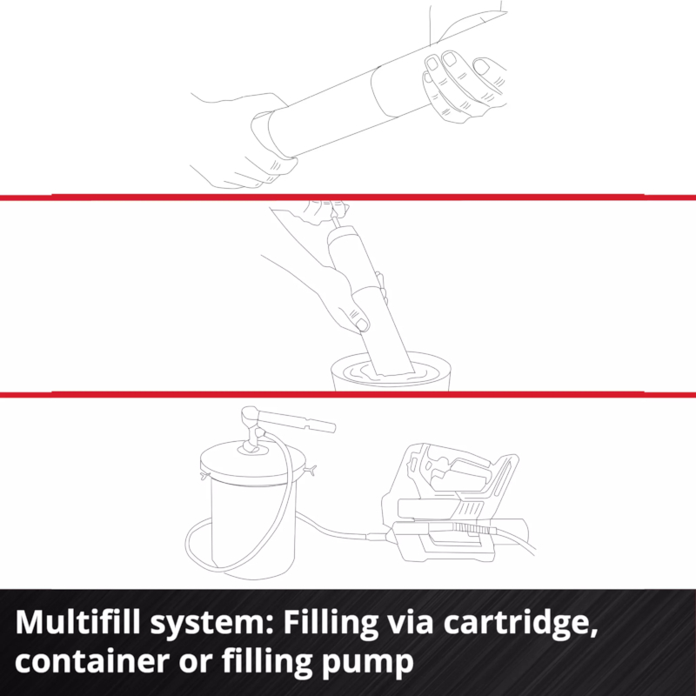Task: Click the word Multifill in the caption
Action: [77, 621]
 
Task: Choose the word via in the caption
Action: [410, 622]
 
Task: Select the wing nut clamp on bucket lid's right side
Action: [311, 470]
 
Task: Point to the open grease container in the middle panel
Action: [391, 371]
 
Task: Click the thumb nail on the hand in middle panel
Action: [362, 325]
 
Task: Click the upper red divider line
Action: [348, 197]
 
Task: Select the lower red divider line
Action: [348, 394]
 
